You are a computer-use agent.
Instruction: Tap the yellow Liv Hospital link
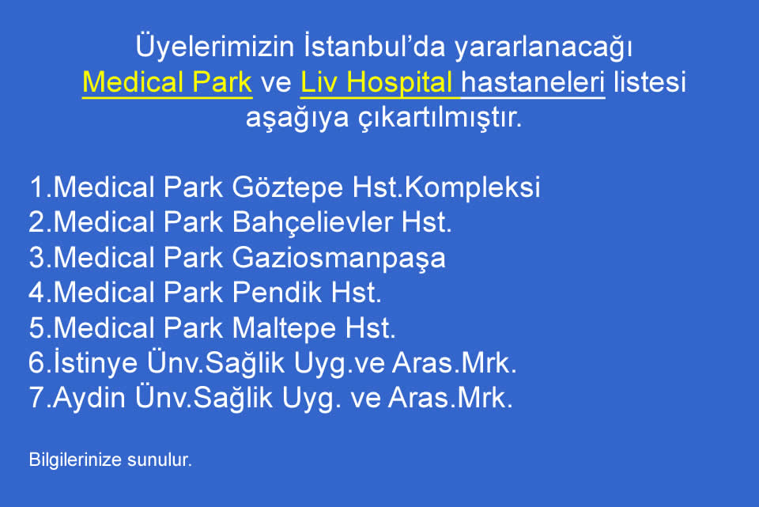click(376, 83)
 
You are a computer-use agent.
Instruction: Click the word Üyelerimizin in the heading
click(215, 47)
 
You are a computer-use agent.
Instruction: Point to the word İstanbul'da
click(375, 46)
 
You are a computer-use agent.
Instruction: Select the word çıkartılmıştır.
click(440, 118)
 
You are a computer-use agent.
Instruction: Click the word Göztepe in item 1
click(288, 187)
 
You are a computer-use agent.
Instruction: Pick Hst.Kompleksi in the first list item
click(446, 187)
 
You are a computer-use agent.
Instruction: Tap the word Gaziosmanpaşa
click(339, 258)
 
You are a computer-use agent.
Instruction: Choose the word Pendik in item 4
click(277, 293)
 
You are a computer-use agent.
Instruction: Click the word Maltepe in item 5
click(284, 328)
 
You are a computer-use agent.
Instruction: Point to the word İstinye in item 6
click(96, 363)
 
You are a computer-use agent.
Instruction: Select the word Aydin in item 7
click(89, 398)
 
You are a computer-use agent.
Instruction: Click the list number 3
click(37, 257)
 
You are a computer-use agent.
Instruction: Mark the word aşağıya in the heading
click(297, 119)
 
